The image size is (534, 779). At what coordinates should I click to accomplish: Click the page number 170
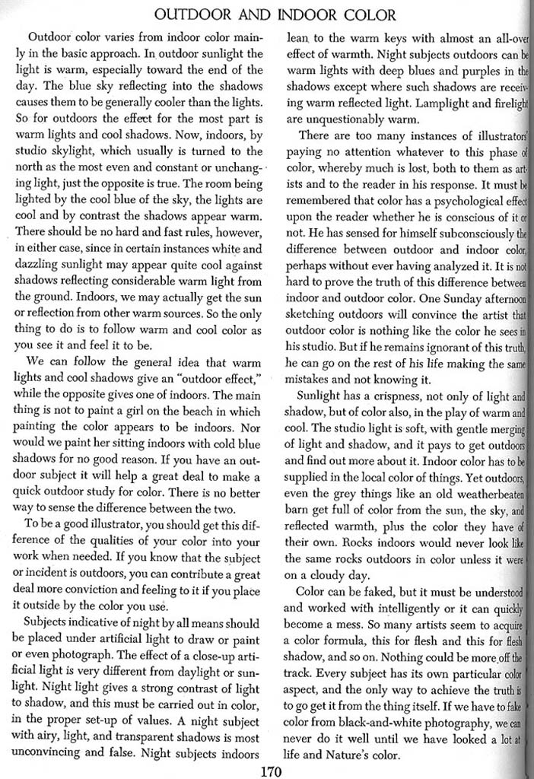(x=270, y=771)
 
